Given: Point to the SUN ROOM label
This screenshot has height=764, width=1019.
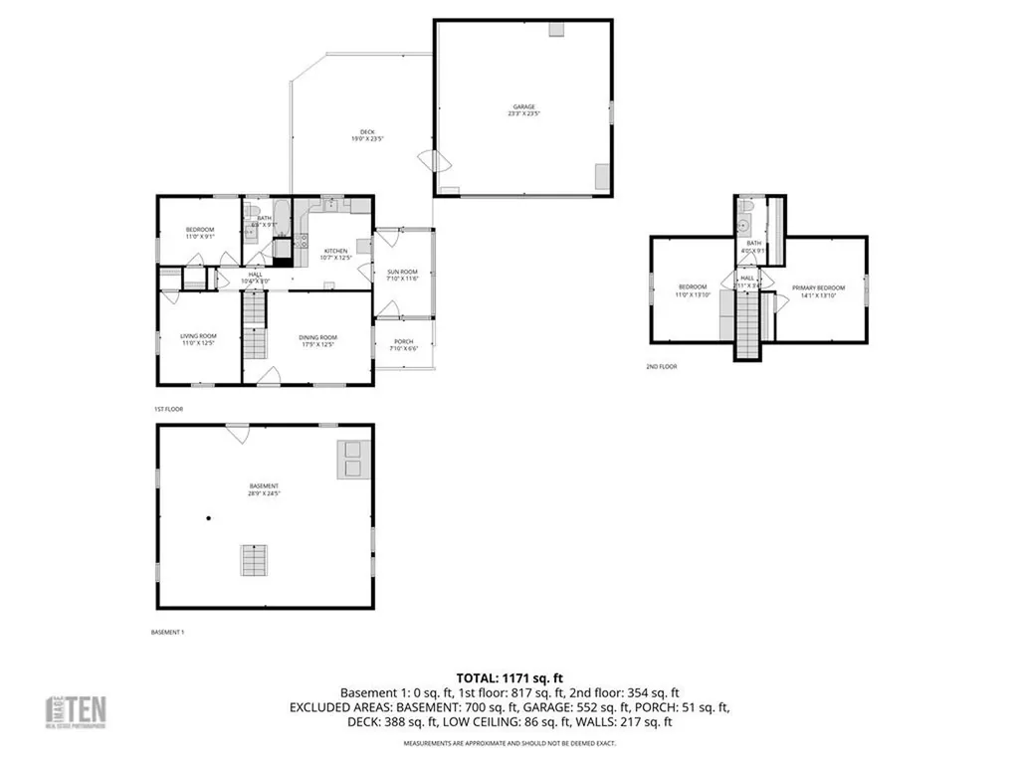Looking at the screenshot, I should [402, 275].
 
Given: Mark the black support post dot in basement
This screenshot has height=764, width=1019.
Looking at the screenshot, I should [209, 518].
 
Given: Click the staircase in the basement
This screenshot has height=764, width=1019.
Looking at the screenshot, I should [254, 560].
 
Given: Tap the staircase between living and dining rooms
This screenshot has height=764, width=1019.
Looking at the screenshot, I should [256, 332].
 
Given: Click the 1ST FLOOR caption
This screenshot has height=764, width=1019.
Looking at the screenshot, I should [168, 409].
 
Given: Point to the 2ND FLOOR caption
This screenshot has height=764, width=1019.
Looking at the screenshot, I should [661, 366].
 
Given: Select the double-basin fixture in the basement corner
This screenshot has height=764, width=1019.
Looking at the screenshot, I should [352, 460].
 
